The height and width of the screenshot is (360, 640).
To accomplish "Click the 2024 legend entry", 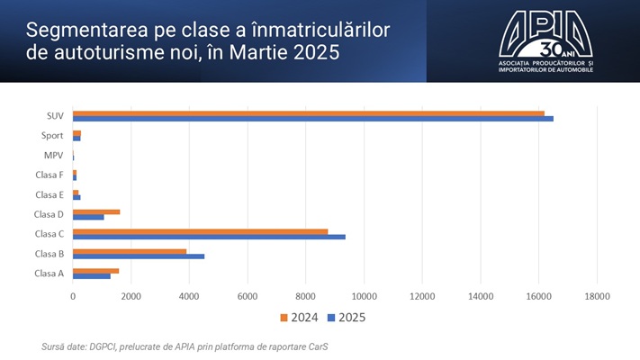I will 301,317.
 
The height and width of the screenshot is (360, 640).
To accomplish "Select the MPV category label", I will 53,155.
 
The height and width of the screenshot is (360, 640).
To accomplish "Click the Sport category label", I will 52,135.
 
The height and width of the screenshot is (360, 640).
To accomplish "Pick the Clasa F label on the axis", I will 49,175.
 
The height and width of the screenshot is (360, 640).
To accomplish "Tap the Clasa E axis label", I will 49,194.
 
